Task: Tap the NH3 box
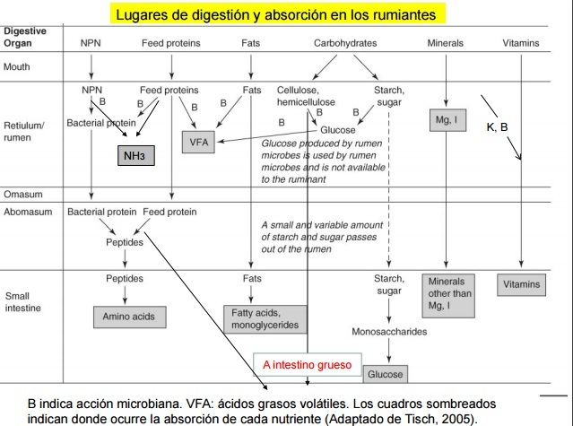tap(133, 157)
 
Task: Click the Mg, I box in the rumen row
tap(447, 119)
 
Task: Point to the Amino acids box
tap(131, 317)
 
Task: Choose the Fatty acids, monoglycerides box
tap(262, 318)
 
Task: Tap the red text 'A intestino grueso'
tap(307, 364)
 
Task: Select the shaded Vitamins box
tap(522, 284)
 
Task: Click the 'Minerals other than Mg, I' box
tap(447, 294)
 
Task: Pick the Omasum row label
tap(21, 195)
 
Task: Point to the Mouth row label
tap(17, 67)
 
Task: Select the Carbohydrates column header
tap(345, 43)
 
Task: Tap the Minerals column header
tap(446, 43)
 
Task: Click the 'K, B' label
tap(498, 127)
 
